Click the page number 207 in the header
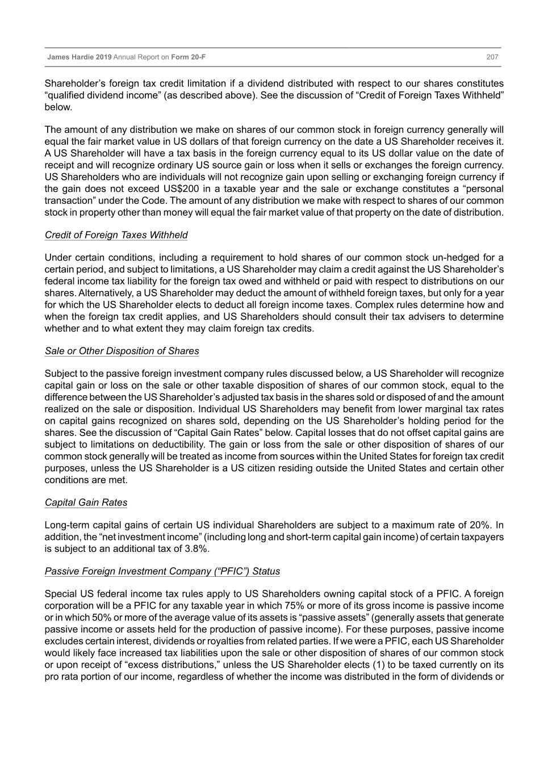[492, 57]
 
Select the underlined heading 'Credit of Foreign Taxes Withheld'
[116, 235]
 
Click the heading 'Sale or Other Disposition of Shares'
[122, 351]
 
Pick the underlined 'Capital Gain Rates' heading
[86, 502]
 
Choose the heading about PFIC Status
[162, 571]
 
